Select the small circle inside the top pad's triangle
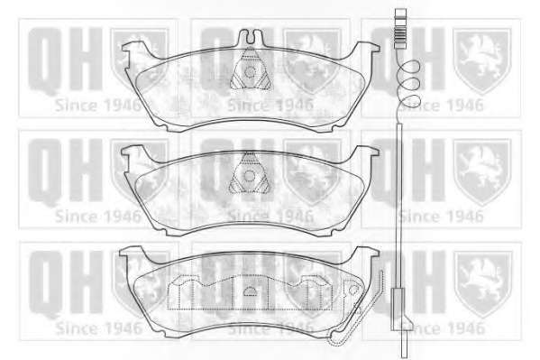[250, 71]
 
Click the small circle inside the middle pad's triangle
[250, 176]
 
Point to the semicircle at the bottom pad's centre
[251, 291]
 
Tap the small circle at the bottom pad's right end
[353, 290]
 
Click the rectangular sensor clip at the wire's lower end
[398, 309]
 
